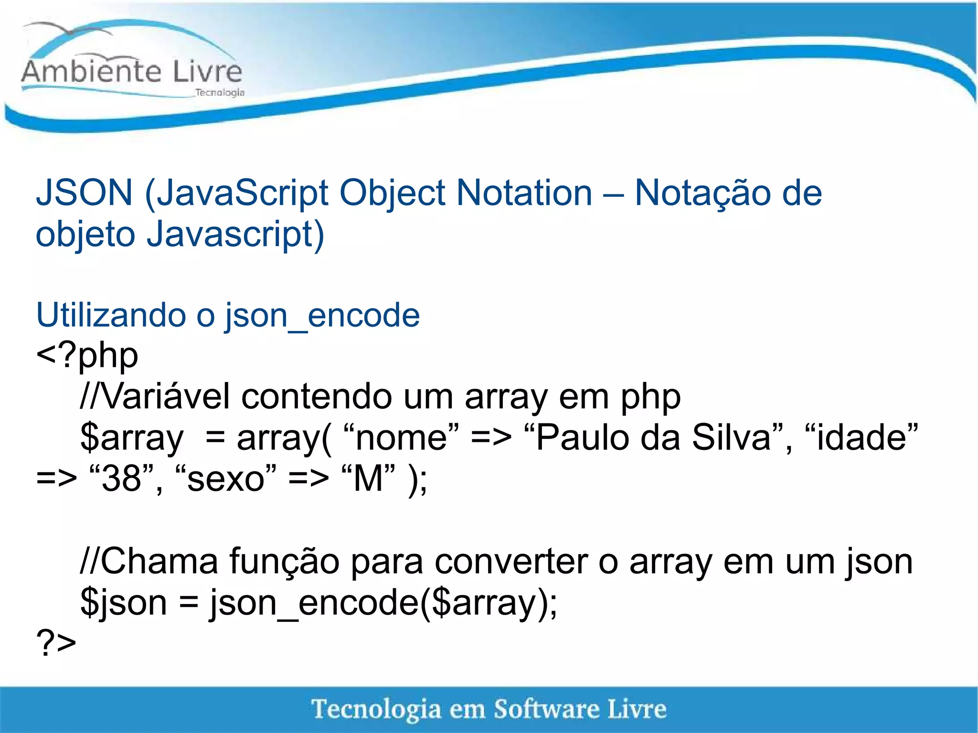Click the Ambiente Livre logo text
(132, 72)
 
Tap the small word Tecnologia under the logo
(220, 92)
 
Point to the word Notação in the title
(701, 192)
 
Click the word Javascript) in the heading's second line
(235, 234)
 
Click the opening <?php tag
(87, 356)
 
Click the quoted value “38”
(122, 478)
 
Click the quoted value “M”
(368, 478)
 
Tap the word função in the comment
(284, 562)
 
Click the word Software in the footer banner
(546, 709)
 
